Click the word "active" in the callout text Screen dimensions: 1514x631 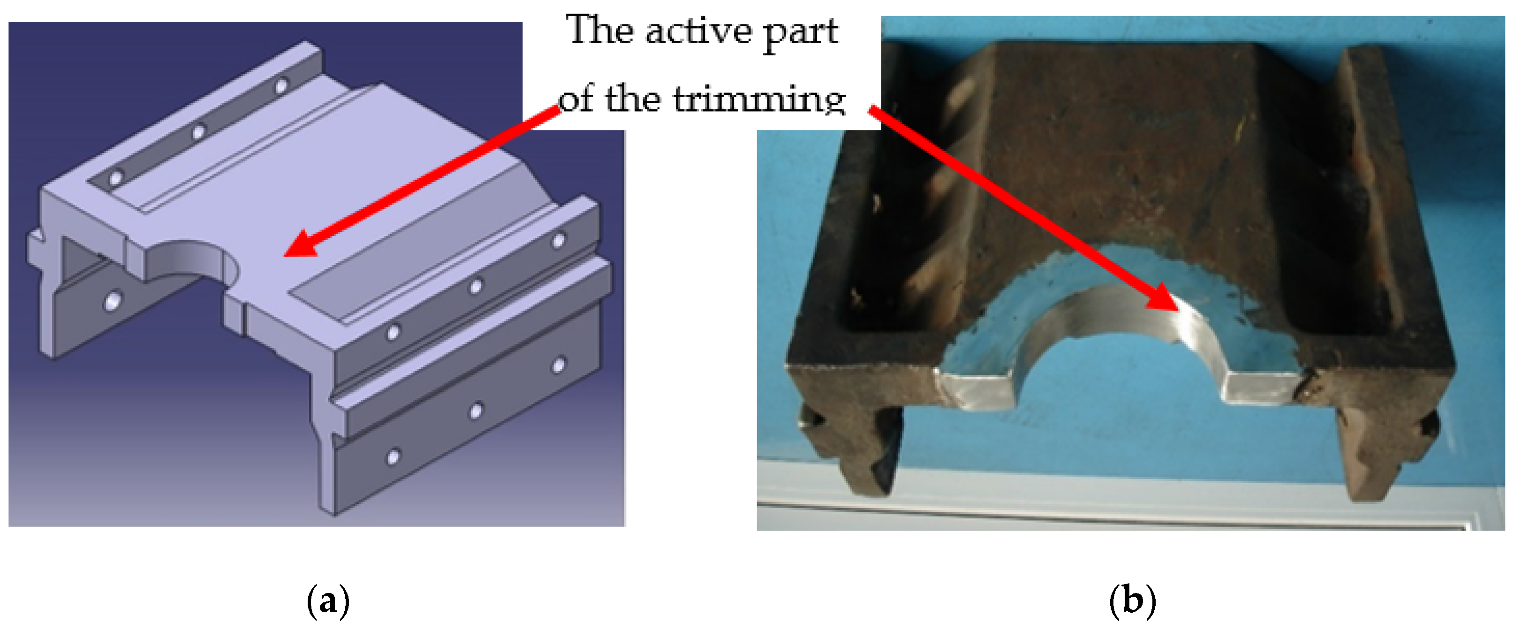point(698,30)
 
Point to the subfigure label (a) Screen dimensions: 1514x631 point(328,601)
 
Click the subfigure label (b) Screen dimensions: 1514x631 point(1133,601)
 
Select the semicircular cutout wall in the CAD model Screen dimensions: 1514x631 point(188,259)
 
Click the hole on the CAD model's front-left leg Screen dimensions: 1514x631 point(112,302)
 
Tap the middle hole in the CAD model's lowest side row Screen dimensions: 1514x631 point(476,411)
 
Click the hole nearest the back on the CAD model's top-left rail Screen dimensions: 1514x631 point(281,86)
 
